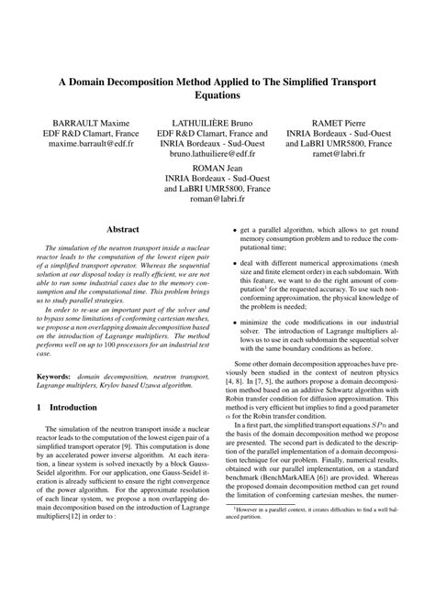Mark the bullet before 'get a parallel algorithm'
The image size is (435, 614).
coord(236,231)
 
